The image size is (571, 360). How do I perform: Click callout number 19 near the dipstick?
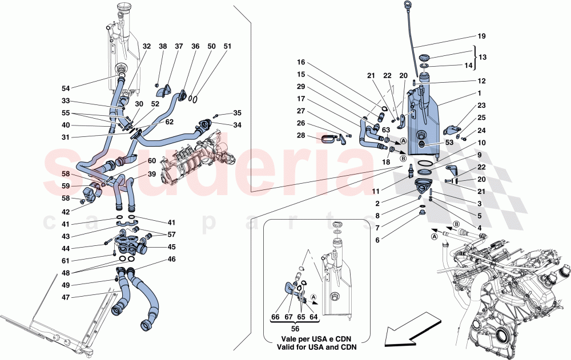click(x=481, y=37)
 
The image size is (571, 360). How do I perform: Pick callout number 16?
click(x=300, y=62)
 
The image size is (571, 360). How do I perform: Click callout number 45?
click(x=171, y=248)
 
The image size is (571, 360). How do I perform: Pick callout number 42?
click(x=67, y=211)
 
